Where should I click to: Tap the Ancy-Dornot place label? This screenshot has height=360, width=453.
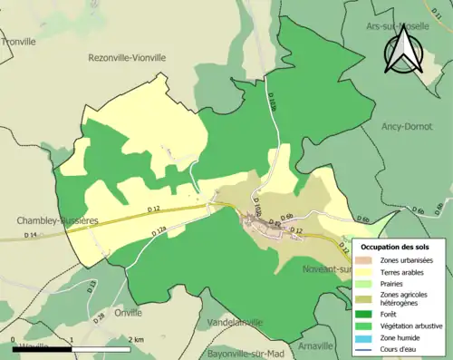(406, 125)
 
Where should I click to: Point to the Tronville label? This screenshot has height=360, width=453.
(18, 41)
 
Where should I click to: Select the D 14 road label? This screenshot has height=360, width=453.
(30, 236)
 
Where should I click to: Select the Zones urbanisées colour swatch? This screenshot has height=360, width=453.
(366, 259)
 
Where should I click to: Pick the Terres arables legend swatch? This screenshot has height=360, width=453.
(366, 271)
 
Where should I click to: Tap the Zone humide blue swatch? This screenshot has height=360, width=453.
(366, 337)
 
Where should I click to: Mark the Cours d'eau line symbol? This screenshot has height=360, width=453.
(366, 349)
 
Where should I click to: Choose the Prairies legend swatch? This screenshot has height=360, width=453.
(366, 283)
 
